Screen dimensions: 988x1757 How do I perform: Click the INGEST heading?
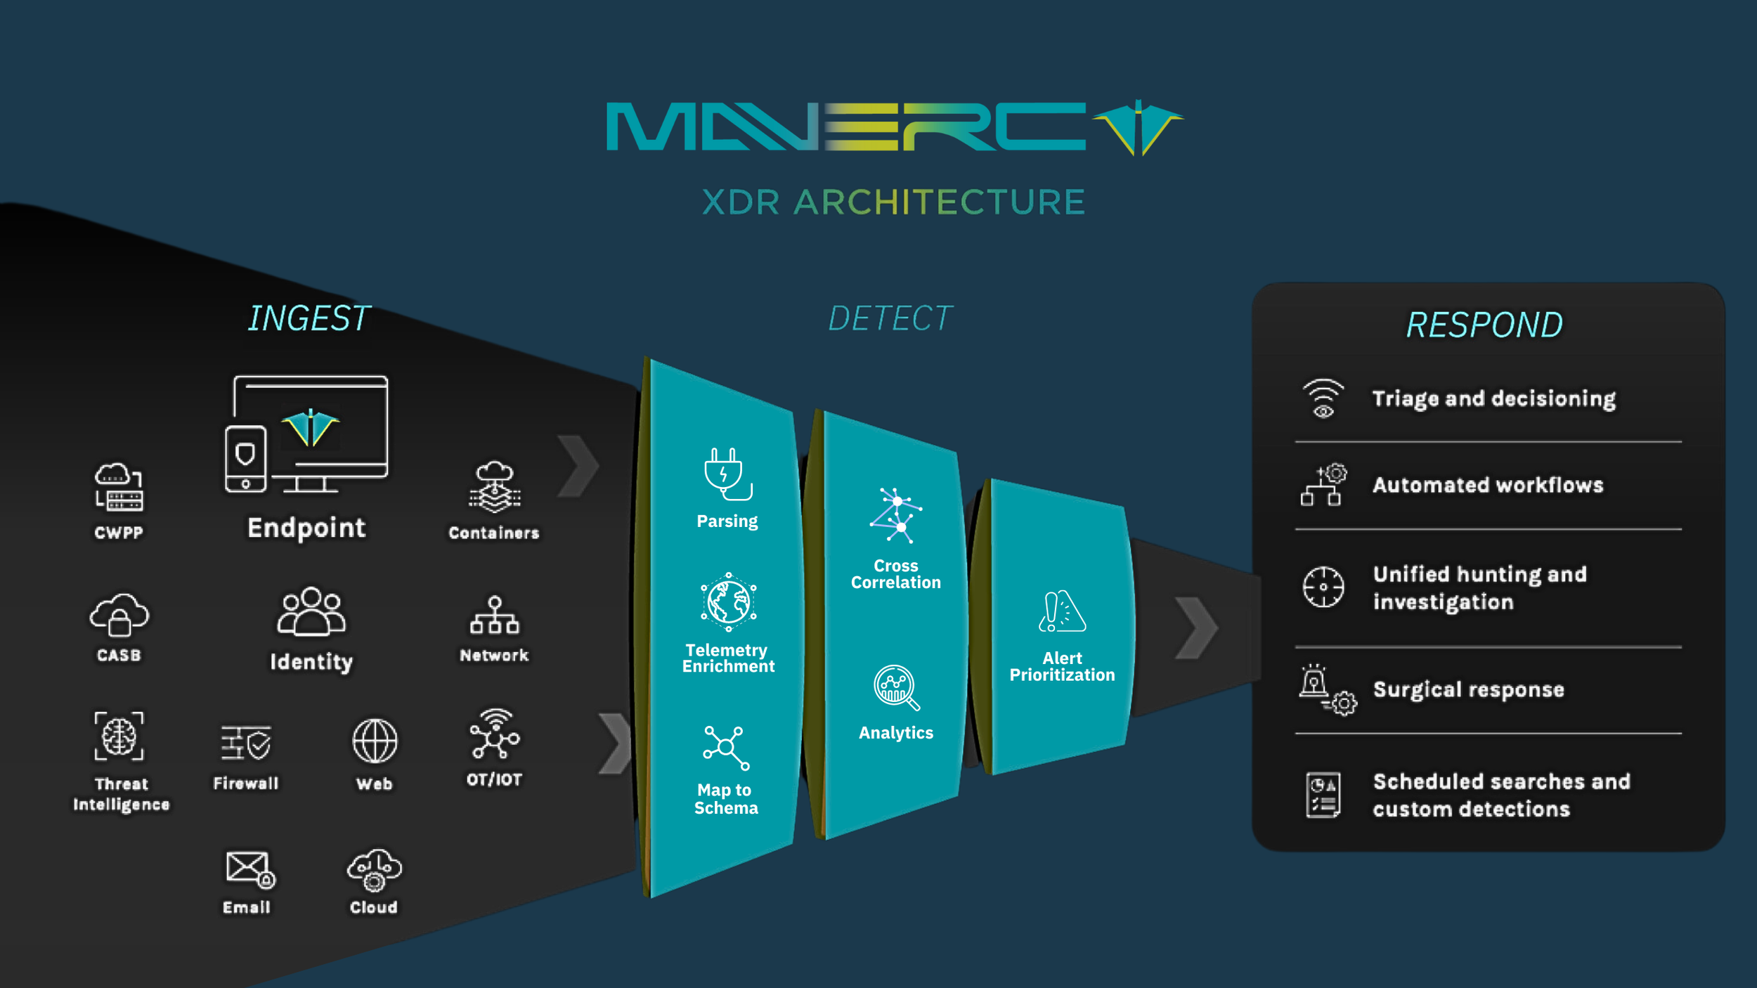[309, 319]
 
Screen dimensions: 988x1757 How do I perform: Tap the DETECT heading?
[890, 319]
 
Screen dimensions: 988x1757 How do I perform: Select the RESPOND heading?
[1484, 325]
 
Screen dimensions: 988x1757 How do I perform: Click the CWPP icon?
[119, 486]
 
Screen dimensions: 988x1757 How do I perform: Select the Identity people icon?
[311, 611]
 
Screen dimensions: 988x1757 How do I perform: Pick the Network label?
[494, 656]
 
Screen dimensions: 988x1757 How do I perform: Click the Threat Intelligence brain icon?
[119, 736]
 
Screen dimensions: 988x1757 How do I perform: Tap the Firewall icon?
[246, 743]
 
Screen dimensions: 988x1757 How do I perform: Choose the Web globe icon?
[375, 741]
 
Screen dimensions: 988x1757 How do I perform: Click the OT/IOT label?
[495, 779]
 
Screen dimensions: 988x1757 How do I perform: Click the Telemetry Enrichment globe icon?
[728, 602]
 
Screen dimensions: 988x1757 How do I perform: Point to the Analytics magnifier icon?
[895, 687]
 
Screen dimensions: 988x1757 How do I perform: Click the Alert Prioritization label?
[1062, 667]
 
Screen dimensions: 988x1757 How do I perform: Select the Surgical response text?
[1469, 689]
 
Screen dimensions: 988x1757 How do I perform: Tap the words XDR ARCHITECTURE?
[893, 202]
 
